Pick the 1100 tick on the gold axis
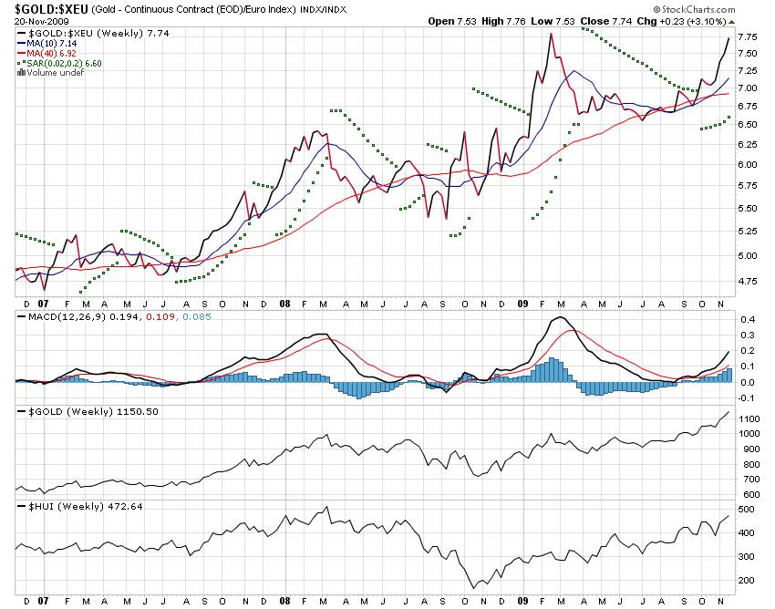pyautogui.click(x=749, y=418)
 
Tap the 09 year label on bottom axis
pyautogui.click(x=522, y=602)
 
